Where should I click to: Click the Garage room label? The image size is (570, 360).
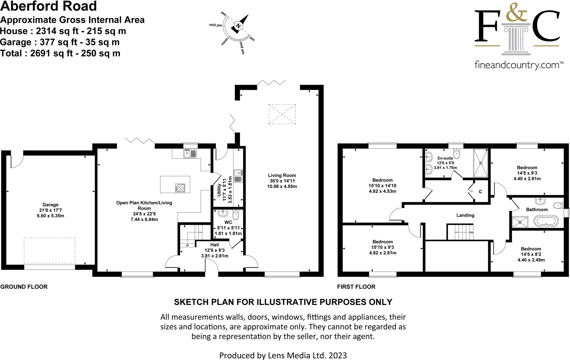point(50,204)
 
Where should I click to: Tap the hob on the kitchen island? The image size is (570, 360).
point(180,188)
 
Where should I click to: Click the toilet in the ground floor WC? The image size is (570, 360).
point(235,214)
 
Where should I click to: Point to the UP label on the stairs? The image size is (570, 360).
point(187,245)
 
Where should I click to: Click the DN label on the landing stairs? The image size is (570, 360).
point(471,232)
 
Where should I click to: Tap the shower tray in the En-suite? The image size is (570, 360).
point(481,163)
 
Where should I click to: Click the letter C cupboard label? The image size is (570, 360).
point(480,192)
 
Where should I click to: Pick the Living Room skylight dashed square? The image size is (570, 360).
point(282,114)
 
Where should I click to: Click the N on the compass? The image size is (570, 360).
point(238,26)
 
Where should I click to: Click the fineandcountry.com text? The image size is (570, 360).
point(517,65)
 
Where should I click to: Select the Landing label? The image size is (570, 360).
point(465,215)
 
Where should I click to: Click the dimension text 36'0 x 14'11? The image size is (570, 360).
point(282,181)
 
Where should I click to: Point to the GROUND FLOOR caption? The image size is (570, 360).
point(24,287)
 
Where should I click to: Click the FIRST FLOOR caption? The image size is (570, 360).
point(356,287)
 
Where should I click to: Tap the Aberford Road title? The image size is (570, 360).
point(48,6)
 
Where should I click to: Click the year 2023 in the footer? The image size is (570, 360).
point(338,355)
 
